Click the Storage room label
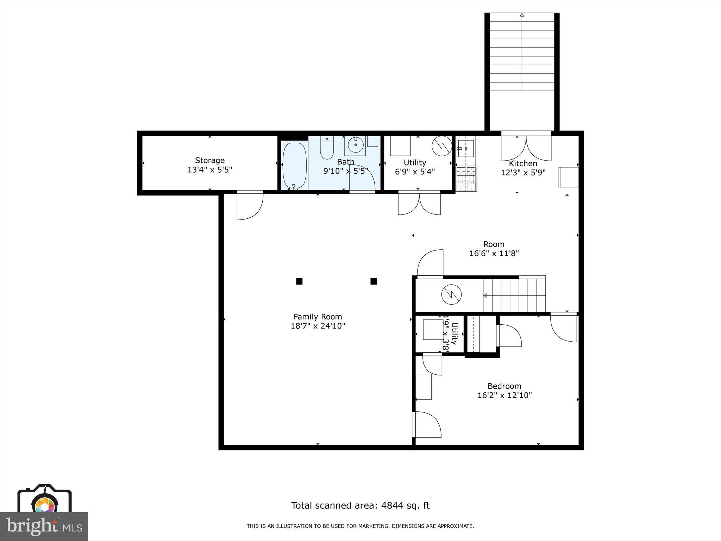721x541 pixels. [x=210, y=161]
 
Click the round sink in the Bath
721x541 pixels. [x=356, y=145]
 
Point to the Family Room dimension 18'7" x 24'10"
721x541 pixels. [x=318, y=326]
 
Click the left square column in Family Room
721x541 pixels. [x=299, y=281]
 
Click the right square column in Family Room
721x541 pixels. [x=374, y=281]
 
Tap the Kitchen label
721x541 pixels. [x=523, y=163]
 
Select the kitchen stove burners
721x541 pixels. [x=466, y=179]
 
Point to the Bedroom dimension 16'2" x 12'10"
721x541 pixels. [x=504, y=395]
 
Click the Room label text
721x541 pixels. [x=494, y=244]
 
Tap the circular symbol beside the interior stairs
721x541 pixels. [x=451, y=294]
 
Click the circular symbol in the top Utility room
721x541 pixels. [x=442, y=146]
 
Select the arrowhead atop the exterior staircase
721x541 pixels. [x=522, y=15]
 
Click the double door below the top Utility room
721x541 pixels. [x=419, y=204]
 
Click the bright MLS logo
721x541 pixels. [x=44, y=526]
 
